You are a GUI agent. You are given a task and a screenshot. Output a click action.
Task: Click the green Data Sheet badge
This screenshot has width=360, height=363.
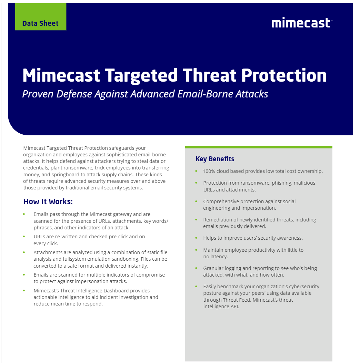click(41, 17)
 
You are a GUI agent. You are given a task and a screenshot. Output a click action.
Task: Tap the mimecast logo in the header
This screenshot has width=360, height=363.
click(302, 23)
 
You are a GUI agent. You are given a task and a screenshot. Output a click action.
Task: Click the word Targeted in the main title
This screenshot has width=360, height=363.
click(141, 76)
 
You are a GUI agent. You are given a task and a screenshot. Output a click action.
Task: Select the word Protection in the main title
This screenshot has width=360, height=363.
click(284, 75)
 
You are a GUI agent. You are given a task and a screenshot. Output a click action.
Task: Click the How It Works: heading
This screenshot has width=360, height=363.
click(48, 201)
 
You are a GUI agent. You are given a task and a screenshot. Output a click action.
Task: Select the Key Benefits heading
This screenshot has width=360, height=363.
click(215, 159)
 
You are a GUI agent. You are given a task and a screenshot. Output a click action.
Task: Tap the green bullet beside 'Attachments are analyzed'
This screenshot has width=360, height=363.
click(24, 252)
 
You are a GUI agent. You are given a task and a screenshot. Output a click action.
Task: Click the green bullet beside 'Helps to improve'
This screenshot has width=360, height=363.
click(196, 238)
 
